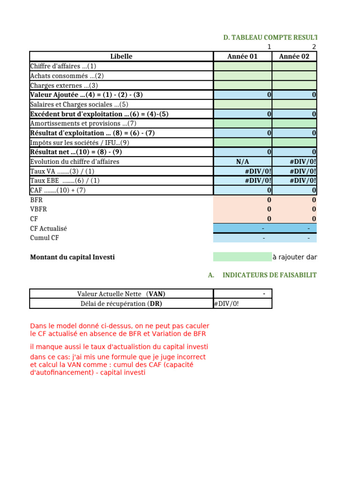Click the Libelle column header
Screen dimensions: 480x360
(x=121, y=57)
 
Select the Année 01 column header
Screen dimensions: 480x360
(x=242, y=57)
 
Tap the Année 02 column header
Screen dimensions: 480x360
(x=294, y=57)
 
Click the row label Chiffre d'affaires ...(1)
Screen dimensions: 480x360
(x=63, y=66)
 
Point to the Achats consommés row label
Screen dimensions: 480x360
(x=67, y=76)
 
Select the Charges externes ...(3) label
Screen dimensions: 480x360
(x=64, y=85)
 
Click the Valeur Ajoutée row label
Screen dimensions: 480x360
(x=86, y=95)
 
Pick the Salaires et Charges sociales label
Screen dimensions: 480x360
(x=79, y=105)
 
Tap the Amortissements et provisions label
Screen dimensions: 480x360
(x=83, y=123)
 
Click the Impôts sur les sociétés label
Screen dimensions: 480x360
(x=79, y=142)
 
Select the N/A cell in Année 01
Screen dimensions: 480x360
(x=242, y=162)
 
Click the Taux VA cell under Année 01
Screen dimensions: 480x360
(x=242, y=171)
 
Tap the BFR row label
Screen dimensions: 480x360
(x=36, y=200)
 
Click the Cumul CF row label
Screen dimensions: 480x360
(x=45, y=238)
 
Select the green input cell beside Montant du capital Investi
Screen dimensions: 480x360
(x=242, y=257)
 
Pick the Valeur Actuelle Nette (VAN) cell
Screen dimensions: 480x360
(x=121, y=294)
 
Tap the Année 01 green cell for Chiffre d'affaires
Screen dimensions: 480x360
(x=242, y=66)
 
